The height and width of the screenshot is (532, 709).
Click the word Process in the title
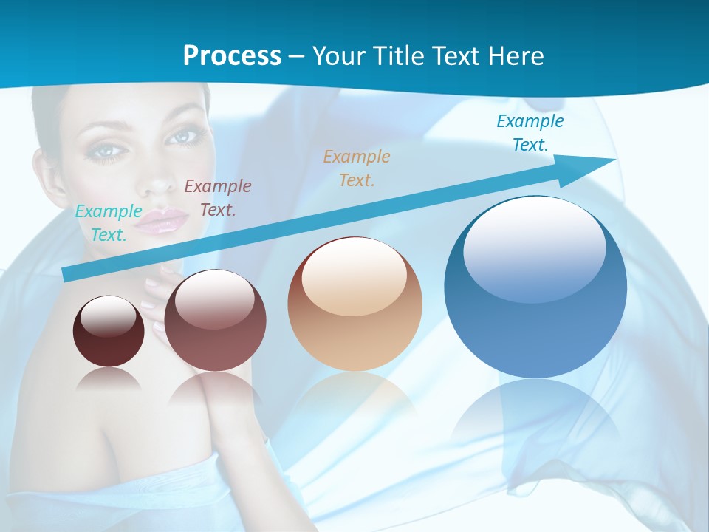click(x=232, y=55)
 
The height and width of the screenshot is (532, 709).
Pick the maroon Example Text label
click(x=218, y=198)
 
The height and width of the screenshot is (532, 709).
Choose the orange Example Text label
click(x=357, y=168)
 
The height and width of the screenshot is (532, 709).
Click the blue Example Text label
click(x=530, y=133)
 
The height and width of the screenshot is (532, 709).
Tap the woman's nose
click(x=155, y=181)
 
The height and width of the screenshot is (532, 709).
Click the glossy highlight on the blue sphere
click(x=534, y=248)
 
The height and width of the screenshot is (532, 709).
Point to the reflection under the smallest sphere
click(x=109, y=381)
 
